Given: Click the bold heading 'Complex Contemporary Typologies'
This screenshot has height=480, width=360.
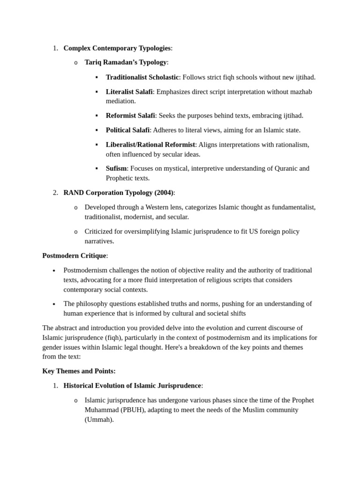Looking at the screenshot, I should coord(117,48).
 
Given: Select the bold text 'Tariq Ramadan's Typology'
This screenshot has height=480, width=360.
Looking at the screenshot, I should coord(126,62).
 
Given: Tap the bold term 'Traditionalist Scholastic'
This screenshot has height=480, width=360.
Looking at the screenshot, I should coord(142,77).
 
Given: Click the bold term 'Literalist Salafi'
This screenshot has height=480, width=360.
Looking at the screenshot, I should coord(129,92).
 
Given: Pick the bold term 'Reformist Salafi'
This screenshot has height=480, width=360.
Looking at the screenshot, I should coord(130,116).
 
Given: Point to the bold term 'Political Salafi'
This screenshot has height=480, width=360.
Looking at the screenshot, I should coord(127,130).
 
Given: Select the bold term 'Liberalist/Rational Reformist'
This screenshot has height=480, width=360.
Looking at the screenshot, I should coord(150,145).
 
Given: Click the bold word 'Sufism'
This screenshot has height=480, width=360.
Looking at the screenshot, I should coord(116,169).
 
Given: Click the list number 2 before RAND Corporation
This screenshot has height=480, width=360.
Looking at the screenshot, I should coord(55,193).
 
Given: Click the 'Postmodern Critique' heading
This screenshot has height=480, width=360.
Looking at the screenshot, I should coord(74,256).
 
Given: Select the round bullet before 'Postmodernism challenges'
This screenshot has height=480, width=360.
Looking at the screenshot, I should coord(54,271).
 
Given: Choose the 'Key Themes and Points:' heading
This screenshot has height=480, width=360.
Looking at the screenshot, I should coord(79,371).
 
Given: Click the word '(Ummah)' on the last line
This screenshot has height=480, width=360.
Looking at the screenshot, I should coord(99,420).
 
